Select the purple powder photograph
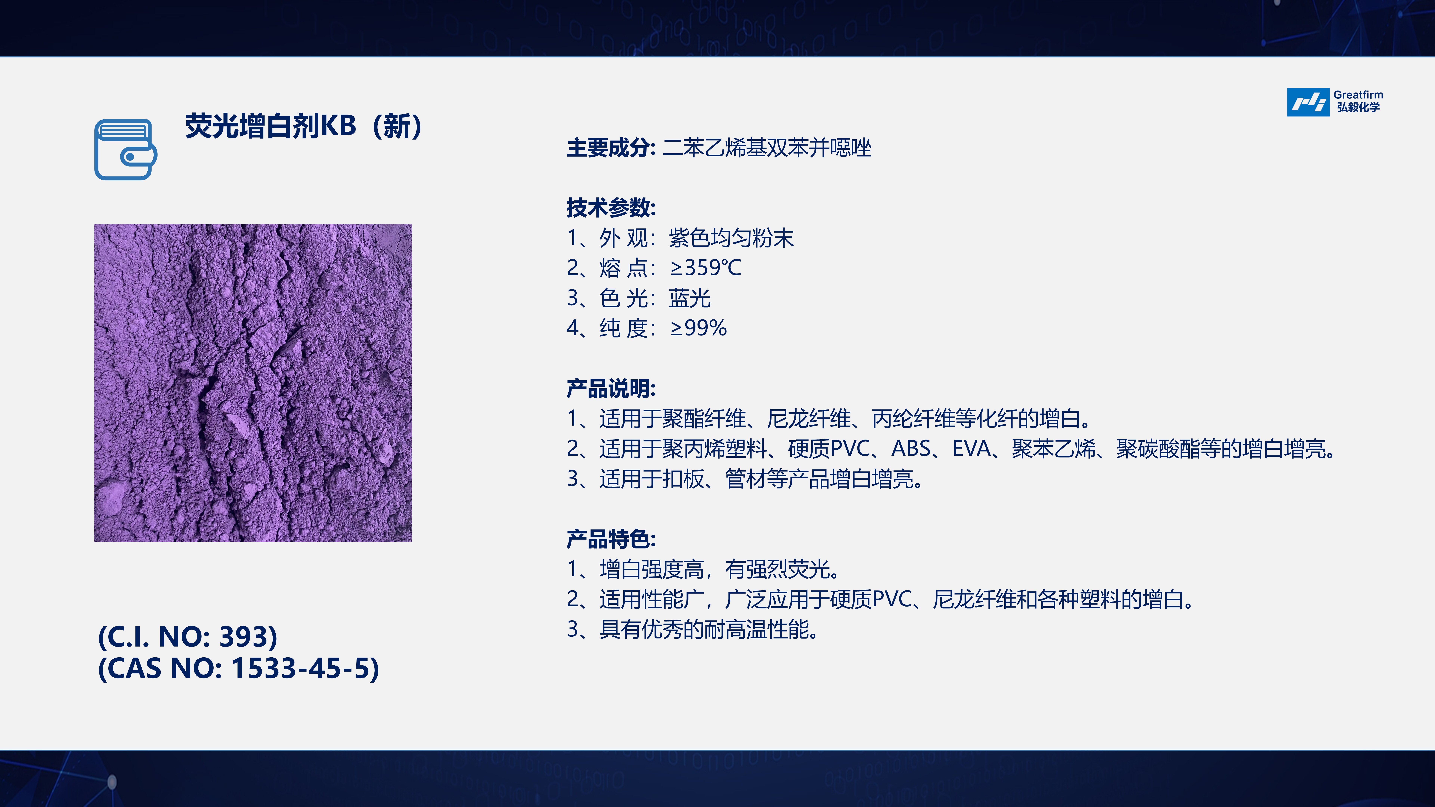coord(253,383)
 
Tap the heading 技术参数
coord(611,208)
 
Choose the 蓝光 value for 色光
coord(690,298)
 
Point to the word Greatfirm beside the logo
coord(1358,95)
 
